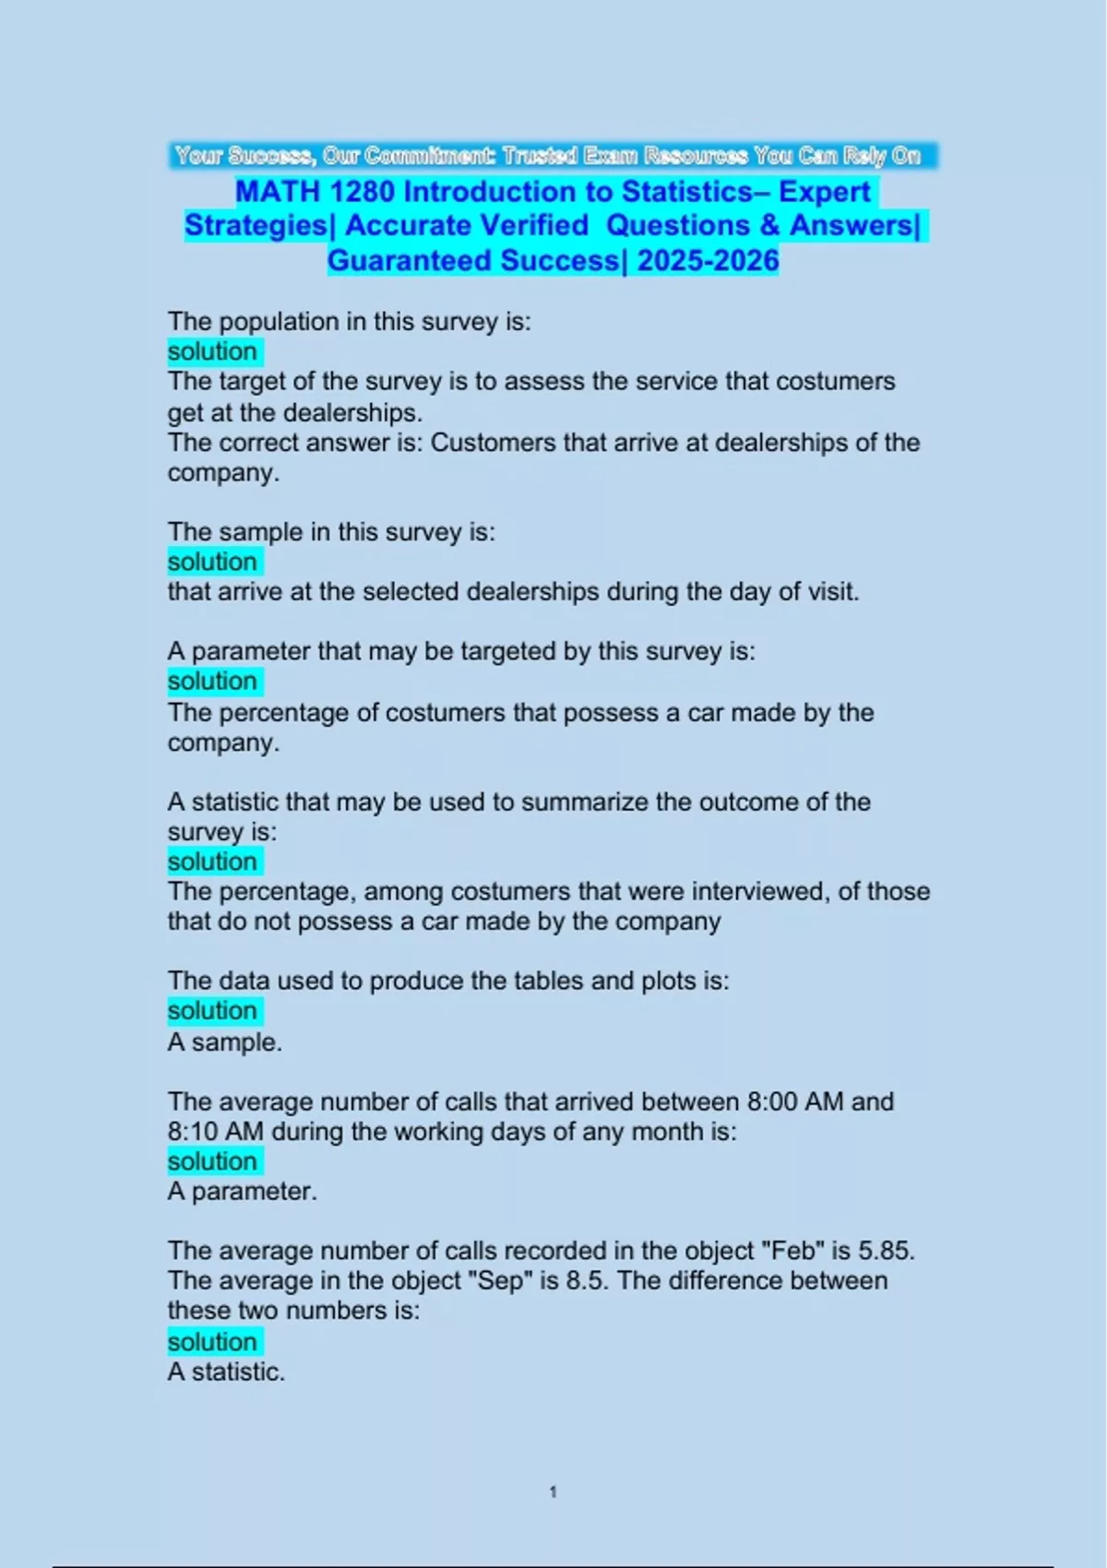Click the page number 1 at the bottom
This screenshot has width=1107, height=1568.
tap(553, 1491)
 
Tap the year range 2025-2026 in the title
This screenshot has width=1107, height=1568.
tap(708, 261)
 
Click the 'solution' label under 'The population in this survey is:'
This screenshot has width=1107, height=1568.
tap(212, 351)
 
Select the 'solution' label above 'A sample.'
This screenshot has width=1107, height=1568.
tap(212, 1011)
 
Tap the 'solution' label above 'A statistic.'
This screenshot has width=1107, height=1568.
tap(212, 1342)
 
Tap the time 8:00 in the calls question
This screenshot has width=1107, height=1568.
tap(771, 1101)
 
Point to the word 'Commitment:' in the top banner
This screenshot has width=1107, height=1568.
tap(430, 156)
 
